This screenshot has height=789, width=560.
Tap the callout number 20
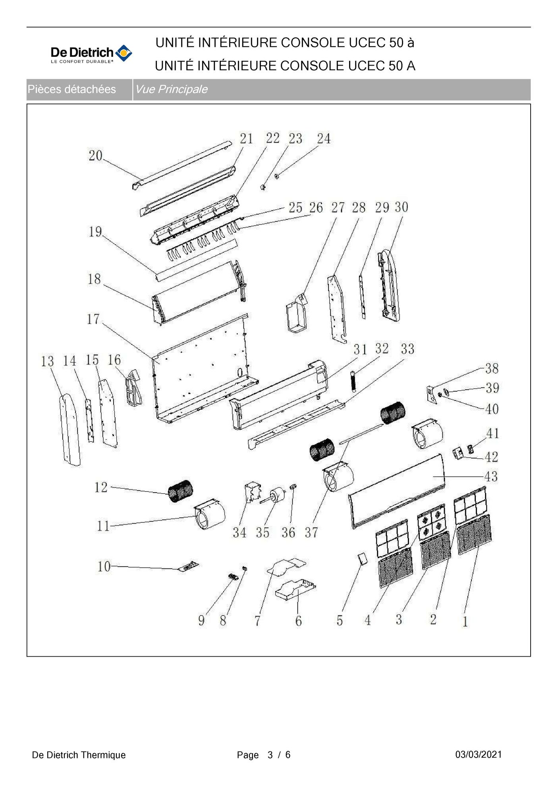point(95,155)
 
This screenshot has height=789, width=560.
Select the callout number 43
point(491,476)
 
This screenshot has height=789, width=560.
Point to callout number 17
point(93,319)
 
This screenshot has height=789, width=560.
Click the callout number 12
point(101,487)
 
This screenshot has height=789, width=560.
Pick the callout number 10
point(104,566)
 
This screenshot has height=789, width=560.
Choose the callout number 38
point(492,368)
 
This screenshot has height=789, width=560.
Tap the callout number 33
point(407,349)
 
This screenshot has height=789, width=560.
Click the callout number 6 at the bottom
point(299,621)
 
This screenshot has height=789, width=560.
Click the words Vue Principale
point(171,89)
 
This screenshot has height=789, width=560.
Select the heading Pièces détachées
point(71,89)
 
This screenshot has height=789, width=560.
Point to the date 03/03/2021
point(478,754)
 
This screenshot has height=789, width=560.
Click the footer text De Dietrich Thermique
point(79,755)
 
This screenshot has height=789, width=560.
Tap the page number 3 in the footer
point(270,755)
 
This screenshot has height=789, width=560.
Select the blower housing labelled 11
point(210,515)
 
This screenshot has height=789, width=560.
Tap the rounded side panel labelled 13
point(70,429)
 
